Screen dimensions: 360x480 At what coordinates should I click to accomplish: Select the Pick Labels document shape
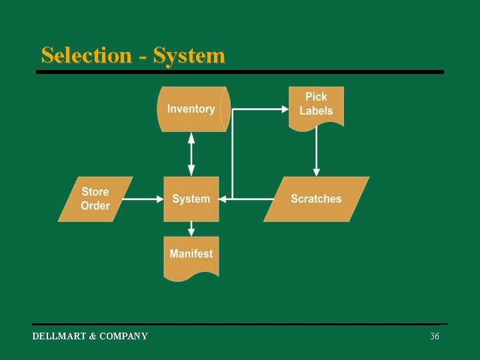point(316,105)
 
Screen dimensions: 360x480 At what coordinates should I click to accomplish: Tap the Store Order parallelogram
point(95,199)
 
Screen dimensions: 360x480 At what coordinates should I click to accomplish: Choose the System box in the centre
point(191,199)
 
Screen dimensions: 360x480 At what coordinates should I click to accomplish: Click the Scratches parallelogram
point(316,199)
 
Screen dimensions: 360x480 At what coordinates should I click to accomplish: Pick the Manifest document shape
point(191,255)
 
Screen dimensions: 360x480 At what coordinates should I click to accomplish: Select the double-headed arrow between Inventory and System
point(191,154)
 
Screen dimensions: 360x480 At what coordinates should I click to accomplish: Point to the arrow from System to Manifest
point(191,229)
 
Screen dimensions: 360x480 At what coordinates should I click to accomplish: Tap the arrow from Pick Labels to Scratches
point(316,151)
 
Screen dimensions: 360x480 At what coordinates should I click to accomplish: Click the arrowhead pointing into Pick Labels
point(283,109)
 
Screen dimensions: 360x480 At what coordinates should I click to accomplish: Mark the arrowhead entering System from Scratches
point(224,199)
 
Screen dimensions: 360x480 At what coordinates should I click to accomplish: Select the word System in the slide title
point(189,55)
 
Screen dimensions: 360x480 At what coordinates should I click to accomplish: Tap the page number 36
point(435,337)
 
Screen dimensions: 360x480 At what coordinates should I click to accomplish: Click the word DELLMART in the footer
point(59,337)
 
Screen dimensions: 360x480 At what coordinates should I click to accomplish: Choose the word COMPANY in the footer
point(123,337)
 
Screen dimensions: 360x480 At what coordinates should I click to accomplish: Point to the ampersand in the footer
point(93,337)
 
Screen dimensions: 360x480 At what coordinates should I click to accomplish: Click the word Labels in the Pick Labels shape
point(316,111)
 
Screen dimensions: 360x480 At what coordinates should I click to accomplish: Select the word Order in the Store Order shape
point(95,206)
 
